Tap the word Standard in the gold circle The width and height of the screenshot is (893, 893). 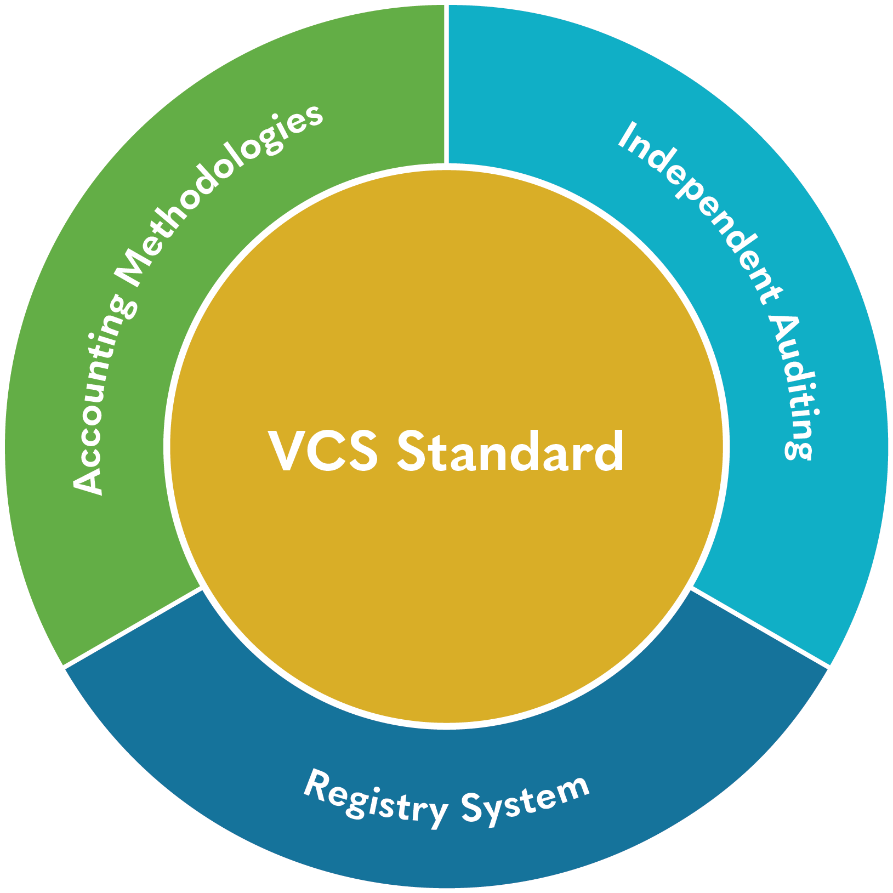click(x=510, y=451)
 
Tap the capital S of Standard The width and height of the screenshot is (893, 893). click(x=412, y=451)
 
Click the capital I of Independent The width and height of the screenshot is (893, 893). click(x=625, y=134)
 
